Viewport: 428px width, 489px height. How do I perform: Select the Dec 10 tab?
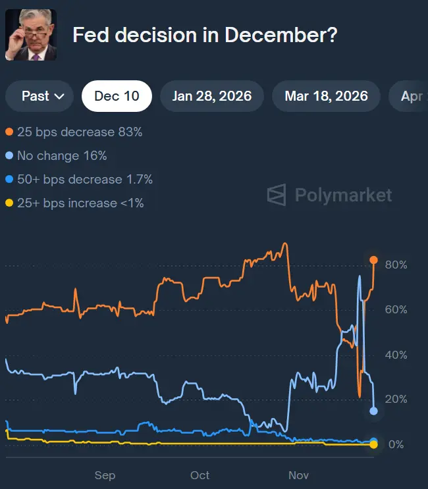(x=117, y=96)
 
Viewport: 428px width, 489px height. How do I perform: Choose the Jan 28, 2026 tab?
(x=212, y=96)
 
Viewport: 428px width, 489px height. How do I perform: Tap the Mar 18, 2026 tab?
(x=326, y=96)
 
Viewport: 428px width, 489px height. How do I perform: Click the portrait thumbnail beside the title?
(x=31, y=35)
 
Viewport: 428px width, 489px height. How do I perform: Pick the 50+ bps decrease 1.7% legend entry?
(x=78, y=180)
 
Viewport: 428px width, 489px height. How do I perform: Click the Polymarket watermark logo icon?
(x=277, y=195)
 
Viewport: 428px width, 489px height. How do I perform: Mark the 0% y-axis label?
(x=396, y=444)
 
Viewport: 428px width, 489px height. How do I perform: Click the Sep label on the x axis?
(x=105, y=475)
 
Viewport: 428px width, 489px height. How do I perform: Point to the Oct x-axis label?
(x=200, y=475)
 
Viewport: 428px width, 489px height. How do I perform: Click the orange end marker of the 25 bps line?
(x=373, y=260)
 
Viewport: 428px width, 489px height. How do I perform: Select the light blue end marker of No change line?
(x=373, y=411)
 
